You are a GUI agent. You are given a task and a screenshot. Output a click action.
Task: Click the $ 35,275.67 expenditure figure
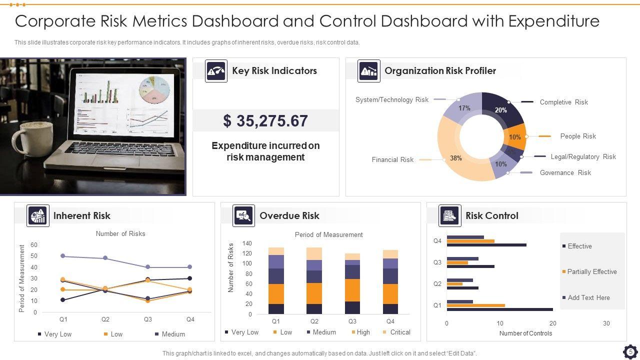pos(265,121)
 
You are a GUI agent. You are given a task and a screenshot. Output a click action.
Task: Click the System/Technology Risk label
pos(391,99)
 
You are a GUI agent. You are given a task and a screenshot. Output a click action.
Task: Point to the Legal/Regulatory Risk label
pos(583,156)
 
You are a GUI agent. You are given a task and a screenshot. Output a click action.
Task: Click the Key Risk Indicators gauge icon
pos(216,71)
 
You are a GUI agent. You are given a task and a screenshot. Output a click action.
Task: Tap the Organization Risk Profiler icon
pos(368,71)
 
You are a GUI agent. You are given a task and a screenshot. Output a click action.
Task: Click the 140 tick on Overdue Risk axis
pos(247,243)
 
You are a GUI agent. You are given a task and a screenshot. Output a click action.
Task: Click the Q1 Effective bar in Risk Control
pos(499,309)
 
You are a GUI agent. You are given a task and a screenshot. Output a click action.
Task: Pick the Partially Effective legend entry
pos(591,271)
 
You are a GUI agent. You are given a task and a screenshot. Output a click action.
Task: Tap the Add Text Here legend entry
pos(588,297)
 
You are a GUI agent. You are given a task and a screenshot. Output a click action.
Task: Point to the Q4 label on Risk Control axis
pos(437,241)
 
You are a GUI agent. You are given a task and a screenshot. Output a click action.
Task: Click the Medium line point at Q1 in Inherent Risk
pos(63,256)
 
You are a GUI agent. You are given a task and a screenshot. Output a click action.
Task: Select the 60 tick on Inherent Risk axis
pos(34,245)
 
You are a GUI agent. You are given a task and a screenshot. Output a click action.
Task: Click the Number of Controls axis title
pos(525,333)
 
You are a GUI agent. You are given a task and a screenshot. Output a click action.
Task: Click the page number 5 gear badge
pos(630,352)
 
